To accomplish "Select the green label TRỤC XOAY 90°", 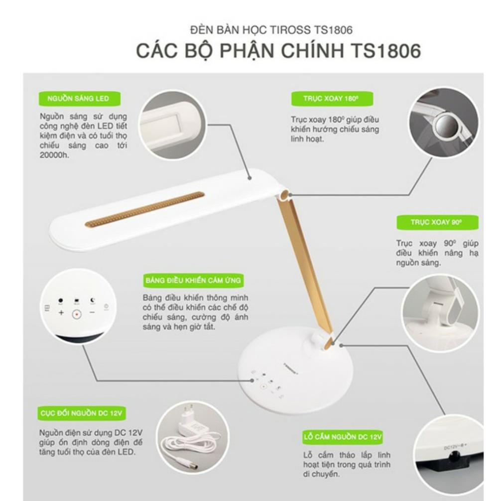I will [x=436, y=223].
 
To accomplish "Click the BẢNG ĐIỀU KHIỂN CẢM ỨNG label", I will [x=193, y=280].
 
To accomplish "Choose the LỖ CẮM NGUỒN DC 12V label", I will [x=342, y=437].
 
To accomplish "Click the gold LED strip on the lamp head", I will [x=144, y=209].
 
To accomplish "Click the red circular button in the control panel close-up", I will [x=76, y=314].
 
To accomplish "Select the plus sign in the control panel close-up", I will [x=61, y=313].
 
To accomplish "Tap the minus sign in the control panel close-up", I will [x=92, y=313].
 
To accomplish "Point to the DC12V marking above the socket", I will [x=453, y=447].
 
